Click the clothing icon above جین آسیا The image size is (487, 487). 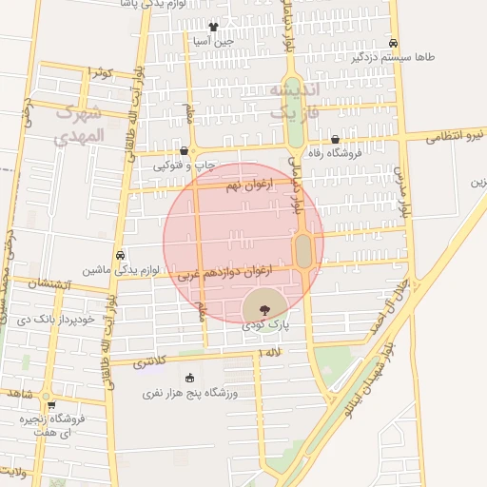click(212, 28)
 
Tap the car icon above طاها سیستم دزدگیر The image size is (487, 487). click(393, 43)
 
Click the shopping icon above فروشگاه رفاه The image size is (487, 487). click(335, 139)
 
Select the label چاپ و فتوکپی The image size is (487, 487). click(185, 166)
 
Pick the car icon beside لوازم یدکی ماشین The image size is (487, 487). click(120, 255)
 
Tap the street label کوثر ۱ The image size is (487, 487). click(99, 73)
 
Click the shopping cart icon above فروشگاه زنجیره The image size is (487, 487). click(49, 402)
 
